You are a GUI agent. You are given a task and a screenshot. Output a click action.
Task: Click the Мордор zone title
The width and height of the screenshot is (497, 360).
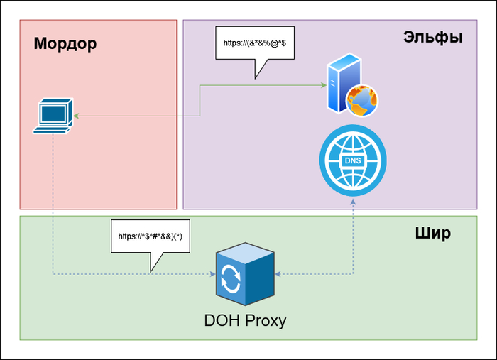[65, 44]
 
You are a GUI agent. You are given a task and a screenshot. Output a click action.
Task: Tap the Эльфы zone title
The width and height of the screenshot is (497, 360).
[432, 37]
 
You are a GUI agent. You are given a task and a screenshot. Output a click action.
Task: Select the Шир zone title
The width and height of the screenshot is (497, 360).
[432, 233]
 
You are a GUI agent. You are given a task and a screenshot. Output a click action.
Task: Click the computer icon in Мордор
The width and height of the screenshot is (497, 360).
[55, 116]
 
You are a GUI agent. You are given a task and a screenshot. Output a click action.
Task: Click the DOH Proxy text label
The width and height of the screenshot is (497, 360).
[244, 320]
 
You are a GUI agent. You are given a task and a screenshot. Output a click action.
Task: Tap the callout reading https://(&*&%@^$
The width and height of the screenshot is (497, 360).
[254, 43]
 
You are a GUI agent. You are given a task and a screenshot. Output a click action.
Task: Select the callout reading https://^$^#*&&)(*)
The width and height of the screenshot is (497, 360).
[151, 236]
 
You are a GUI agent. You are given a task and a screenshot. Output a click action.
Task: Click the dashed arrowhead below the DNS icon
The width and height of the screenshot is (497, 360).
[353, 202]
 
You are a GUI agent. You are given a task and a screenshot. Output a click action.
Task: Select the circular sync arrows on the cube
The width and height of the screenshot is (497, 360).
[231, 278]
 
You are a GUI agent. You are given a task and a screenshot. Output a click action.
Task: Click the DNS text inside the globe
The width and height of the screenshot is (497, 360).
[352, 160]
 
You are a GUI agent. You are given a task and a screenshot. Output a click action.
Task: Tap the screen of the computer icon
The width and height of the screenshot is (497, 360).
[54, 111]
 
